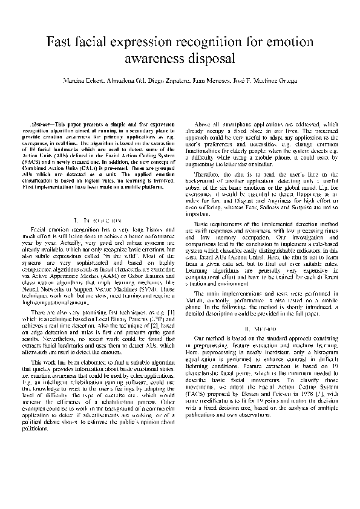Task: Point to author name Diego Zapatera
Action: click(159, 82)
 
